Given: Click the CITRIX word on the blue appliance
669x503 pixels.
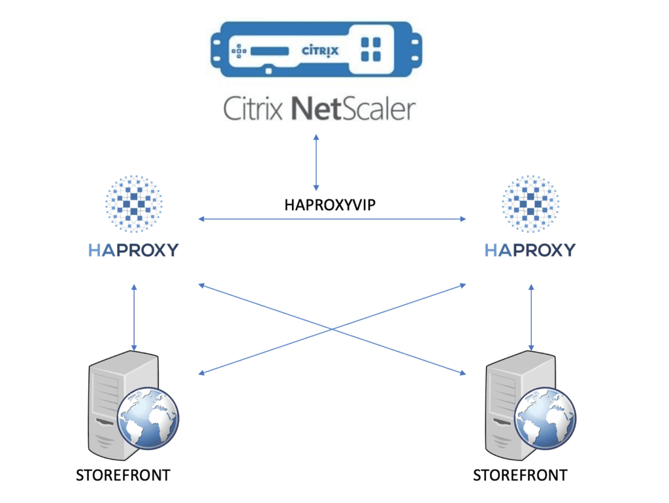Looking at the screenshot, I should click(x=320, y=49).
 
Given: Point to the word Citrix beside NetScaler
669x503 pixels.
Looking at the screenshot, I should click(x=254, y=108).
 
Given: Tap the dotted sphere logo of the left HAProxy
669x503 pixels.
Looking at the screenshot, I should click(x=133, y=204).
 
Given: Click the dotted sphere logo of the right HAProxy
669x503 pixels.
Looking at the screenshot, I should click(x=530, y=204).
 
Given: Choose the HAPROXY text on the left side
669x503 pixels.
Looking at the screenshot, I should click(x=133, y=250).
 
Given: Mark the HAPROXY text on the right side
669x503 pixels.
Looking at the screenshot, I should click(x=530, y=250).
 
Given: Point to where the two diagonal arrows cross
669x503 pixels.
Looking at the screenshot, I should click(x=332, y=329).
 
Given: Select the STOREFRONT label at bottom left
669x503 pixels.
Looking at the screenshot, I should click(x=123, y=475).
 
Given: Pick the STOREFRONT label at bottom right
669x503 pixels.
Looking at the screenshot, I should click(x=520, y=475).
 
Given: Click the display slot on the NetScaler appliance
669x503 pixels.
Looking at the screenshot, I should click(x=271, y=50).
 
